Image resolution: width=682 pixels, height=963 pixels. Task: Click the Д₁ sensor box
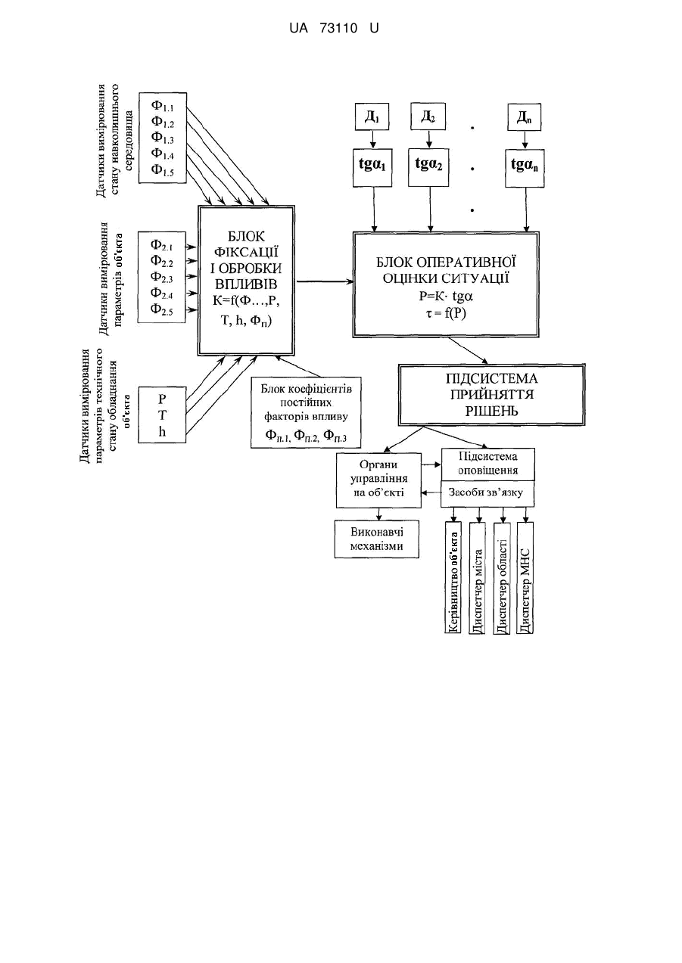tap(372, 116)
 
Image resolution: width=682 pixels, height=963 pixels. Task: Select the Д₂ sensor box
tap(428, 116)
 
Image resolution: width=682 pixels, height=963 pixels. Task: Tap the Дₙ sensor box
tap(524, 116)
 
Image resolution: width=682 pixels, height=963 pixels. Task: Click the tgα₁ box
tap(372, 168)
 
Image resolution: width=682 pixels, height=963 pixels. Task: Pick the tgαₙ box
tap(525, 168)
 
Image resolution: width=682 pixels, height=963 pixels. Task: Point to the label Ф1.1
tap(162, 106)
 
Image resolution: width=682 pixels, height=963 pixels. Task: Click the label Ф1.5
tap(162, 170)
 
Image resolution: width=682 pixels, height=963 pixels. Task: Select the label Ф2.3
tap(162, 278)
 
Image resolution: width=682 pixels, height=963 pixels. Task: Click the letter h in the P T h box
tap(162, 432)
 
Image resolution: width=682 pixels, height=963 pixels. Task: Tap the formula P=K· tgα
tap(446, 297)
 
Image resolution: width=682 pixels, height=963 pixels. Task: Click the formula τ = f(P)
tap(446, 313)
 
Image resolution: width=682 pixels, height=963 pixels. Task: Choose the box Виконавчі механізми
tap(377, 539)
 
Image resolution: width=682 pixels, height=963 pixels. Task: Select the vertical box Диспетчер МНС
tap(525, 577)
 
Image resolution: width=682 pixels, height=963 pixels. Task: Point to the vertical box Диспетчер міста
tap(477, 577)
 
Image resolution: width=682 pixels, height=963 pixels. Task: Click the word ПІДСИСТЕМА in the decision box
tap(491, 379)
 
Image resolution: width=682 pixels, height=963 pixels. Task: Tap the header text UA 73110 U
tap(334, 29)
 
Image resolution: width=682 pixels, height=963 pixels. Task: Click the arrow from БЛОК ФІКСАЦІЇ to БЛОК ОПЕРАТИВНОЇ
tap(325, 281)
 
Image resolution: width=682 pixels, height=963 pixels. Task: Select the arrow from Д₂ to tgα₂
tap(428, 139)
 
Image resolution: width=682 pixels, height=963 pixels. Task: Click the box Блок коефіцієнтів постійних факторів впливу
tap(306, 413)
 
